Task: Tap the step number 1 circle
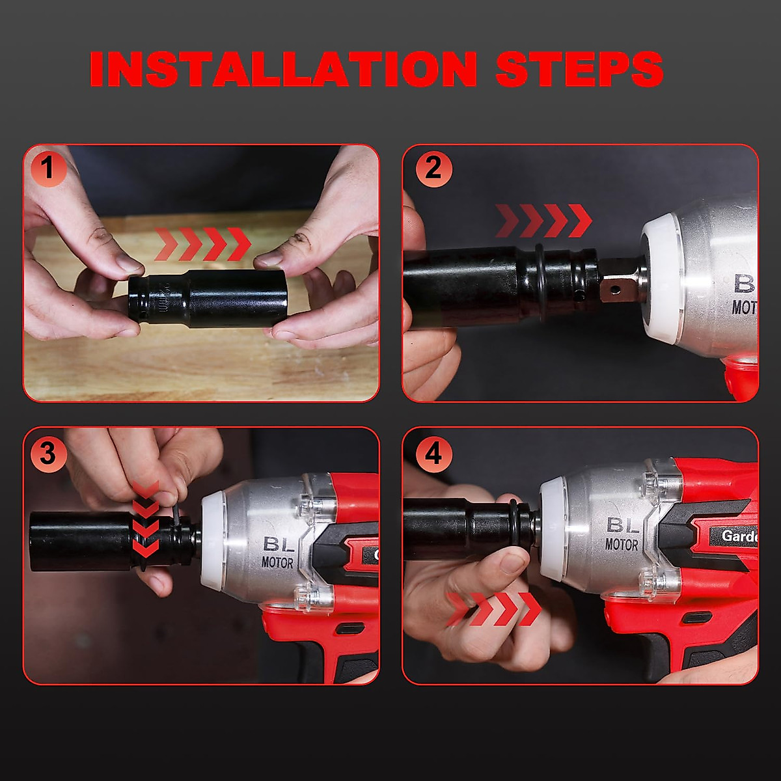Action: (47, 169)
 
